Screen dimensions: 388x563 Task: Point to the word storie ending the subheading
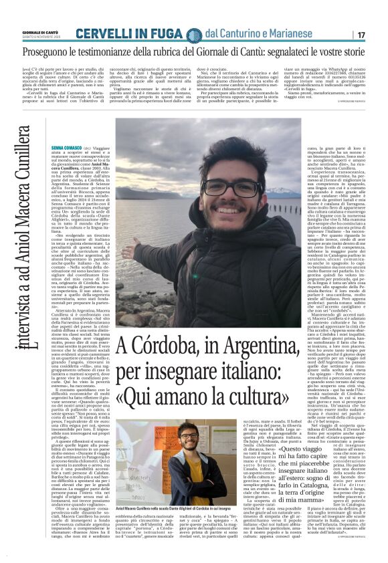(364, 51)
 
